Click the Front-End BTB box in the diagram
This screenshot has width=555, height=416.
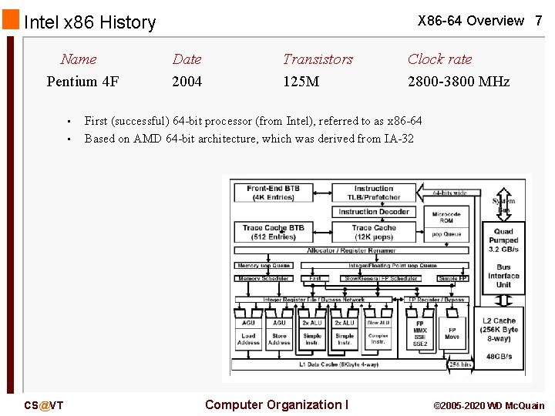click(x=274, y=193)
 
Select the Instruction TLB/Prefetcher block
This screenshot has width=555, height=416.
click(x=374, y=193)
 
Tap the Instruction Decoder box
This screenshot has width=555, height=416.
click(x=374, y=212)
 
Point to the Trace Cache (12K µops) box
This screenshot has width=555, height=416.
click(x=374, y=232)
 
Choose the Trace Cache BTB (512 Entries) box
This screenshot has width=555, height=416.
click(x=274, y=232)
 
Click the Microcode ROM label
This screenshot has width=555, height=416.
click(x=446, y=217)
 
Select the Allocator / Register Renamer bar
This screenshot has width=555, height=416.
click(x=352, y=250)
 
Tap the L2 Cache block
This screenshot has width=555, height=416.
click(x=499, y=331)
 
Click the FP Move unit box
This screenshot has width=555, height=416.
click(x=452, y=333)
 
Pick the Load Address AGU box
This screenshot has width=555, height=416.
click(x=248, y=333)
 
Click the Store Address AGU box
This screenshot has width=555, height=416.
click(x=279, y=333)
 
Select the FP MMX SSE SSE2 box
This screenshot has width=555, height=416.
click(x=420, y=333)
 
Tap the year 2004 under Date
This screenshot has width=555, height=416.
click(x=187, y=81)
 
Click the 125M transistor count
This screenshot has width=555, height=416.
click(x=301, y=81)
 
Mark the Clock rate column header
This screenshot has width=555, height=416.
click(x=439, y=59)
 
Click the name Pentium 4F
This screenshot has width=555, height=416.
click(x=82, y=81)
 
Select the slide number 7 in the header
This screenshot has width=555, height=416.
click(x=539, y=21)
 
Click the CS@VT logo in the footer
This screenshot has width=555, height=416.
click(x=44, y=405)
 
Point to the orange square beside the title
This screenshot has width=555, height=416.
click(x=10, y=18)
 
